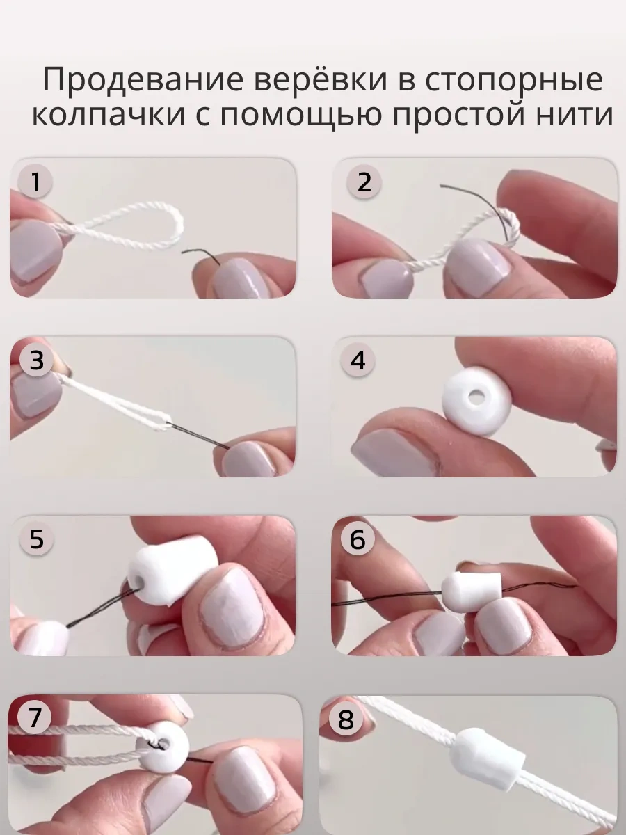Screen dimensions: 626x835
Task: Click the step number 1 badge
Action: tap(35, 182)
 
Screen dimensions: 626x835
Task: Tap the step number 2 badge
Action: tap(364, 182)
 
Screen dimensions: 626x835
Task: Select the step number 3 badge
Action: tap(36, 360)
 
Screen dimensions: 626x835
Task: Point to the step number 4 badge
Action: tap(358, 360)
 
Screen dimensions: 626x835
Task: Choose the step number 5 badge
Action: tap(36, 539)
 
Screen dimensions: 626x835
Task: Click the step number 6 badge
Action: tap(358, 539)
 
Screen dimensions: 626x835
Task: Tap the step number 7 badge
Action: tap(34, 717)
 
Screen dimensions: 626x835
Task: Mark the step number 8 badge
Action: tap(345, 719)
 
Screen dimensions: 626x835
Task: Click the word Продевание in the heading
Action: tap(143, 80)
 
